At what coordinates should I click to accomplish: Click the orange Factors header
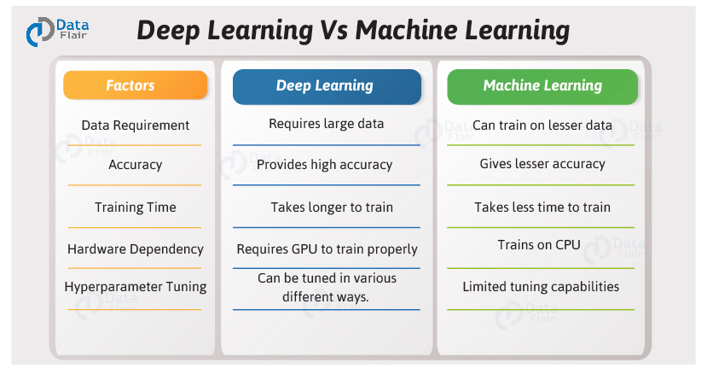[135, 85]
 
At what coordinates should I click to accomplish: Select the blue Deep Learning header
[326, 85]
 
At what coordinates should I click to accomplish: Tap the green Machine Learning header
[542, 85]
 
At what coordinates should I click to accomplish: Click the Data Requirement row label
[135, 125]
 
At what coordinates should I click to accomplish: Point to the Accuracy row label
[135, 165]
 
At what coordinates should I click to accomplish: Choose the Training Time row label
[135, 207]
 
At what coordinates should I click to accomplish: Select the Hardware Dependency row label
[135, 248]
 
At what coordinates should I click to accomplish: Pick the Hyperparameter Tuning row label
[135, 287]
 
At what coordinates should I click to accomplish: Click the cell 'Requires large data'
[326, 124]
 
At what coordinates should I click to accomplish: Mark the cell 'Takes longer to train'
[326, 207]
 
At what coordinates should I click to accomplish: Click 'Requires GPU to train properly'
[327, 249]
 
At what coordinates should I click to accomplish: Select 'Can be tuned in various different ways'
[326, 287]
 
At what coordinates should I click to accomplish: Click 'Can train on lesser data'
[542, 125]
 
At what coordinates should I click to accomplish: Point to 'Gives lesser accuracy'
[542, 164]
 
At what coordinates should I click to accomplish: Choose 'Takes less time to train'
[542, 207]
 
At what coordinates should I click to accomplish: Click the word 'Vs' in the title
[333, 31]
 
